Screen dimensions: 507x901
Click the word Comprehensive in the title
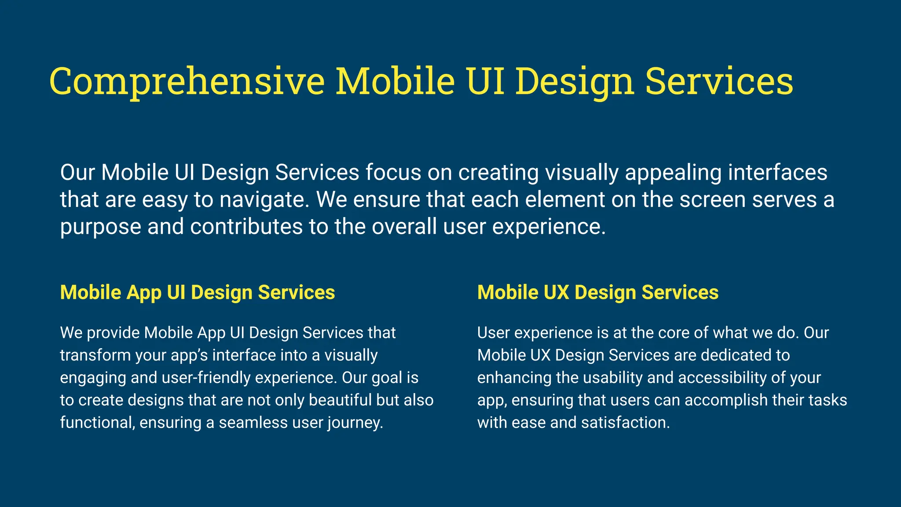tap(187, 82)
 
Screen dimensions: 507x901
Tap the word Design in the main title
tap(575, 82)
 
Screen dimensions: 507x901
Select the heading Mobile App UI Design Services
tap(197, 293)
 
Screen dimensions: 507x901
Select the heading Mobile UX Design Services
tap(597, 293)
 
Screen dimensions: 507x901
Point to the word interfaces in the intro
tap(777, 173)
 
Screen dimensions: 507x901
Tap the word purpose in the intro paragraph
tap(100, 228)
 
